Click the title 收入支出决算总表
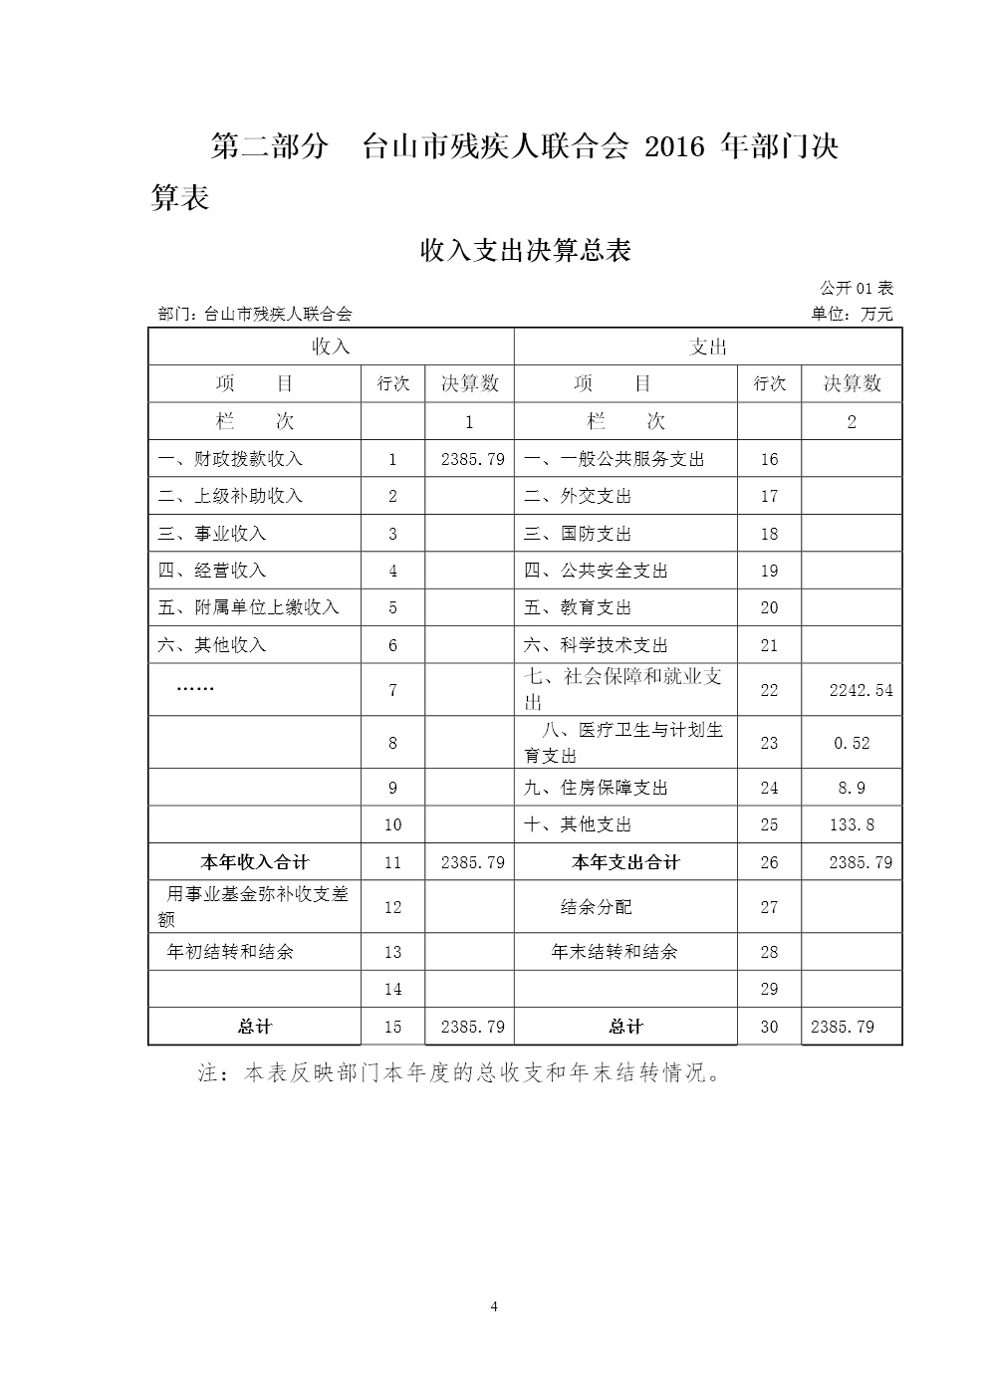tap(526, 251)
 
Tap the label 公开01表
tap(857, 289)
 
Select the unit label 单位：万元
tap(852, 315)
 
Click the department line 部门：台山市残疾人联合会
tap(255, 315)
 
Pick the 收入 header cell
tap(331, 347)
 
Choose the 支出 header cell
tap(708, 347)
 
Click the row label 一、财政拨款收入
tap(230, 459)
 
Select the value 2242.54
tap(861, 690)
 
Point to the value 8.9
tap(852, 788)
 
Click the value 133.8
tap(852, 824)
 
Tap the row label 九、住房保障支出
tap(596, 788)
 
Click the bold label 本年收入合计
tap(255, 862)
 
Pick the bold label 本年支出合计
tap(625, 862)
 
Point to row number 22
tap(769, 690)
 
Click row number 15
tap(392, 1027)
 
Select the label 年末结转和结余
tap(615, 952)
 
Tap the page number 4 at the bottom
tap(494, 1306)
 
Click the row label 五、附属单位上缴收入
tap(249, 607)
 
